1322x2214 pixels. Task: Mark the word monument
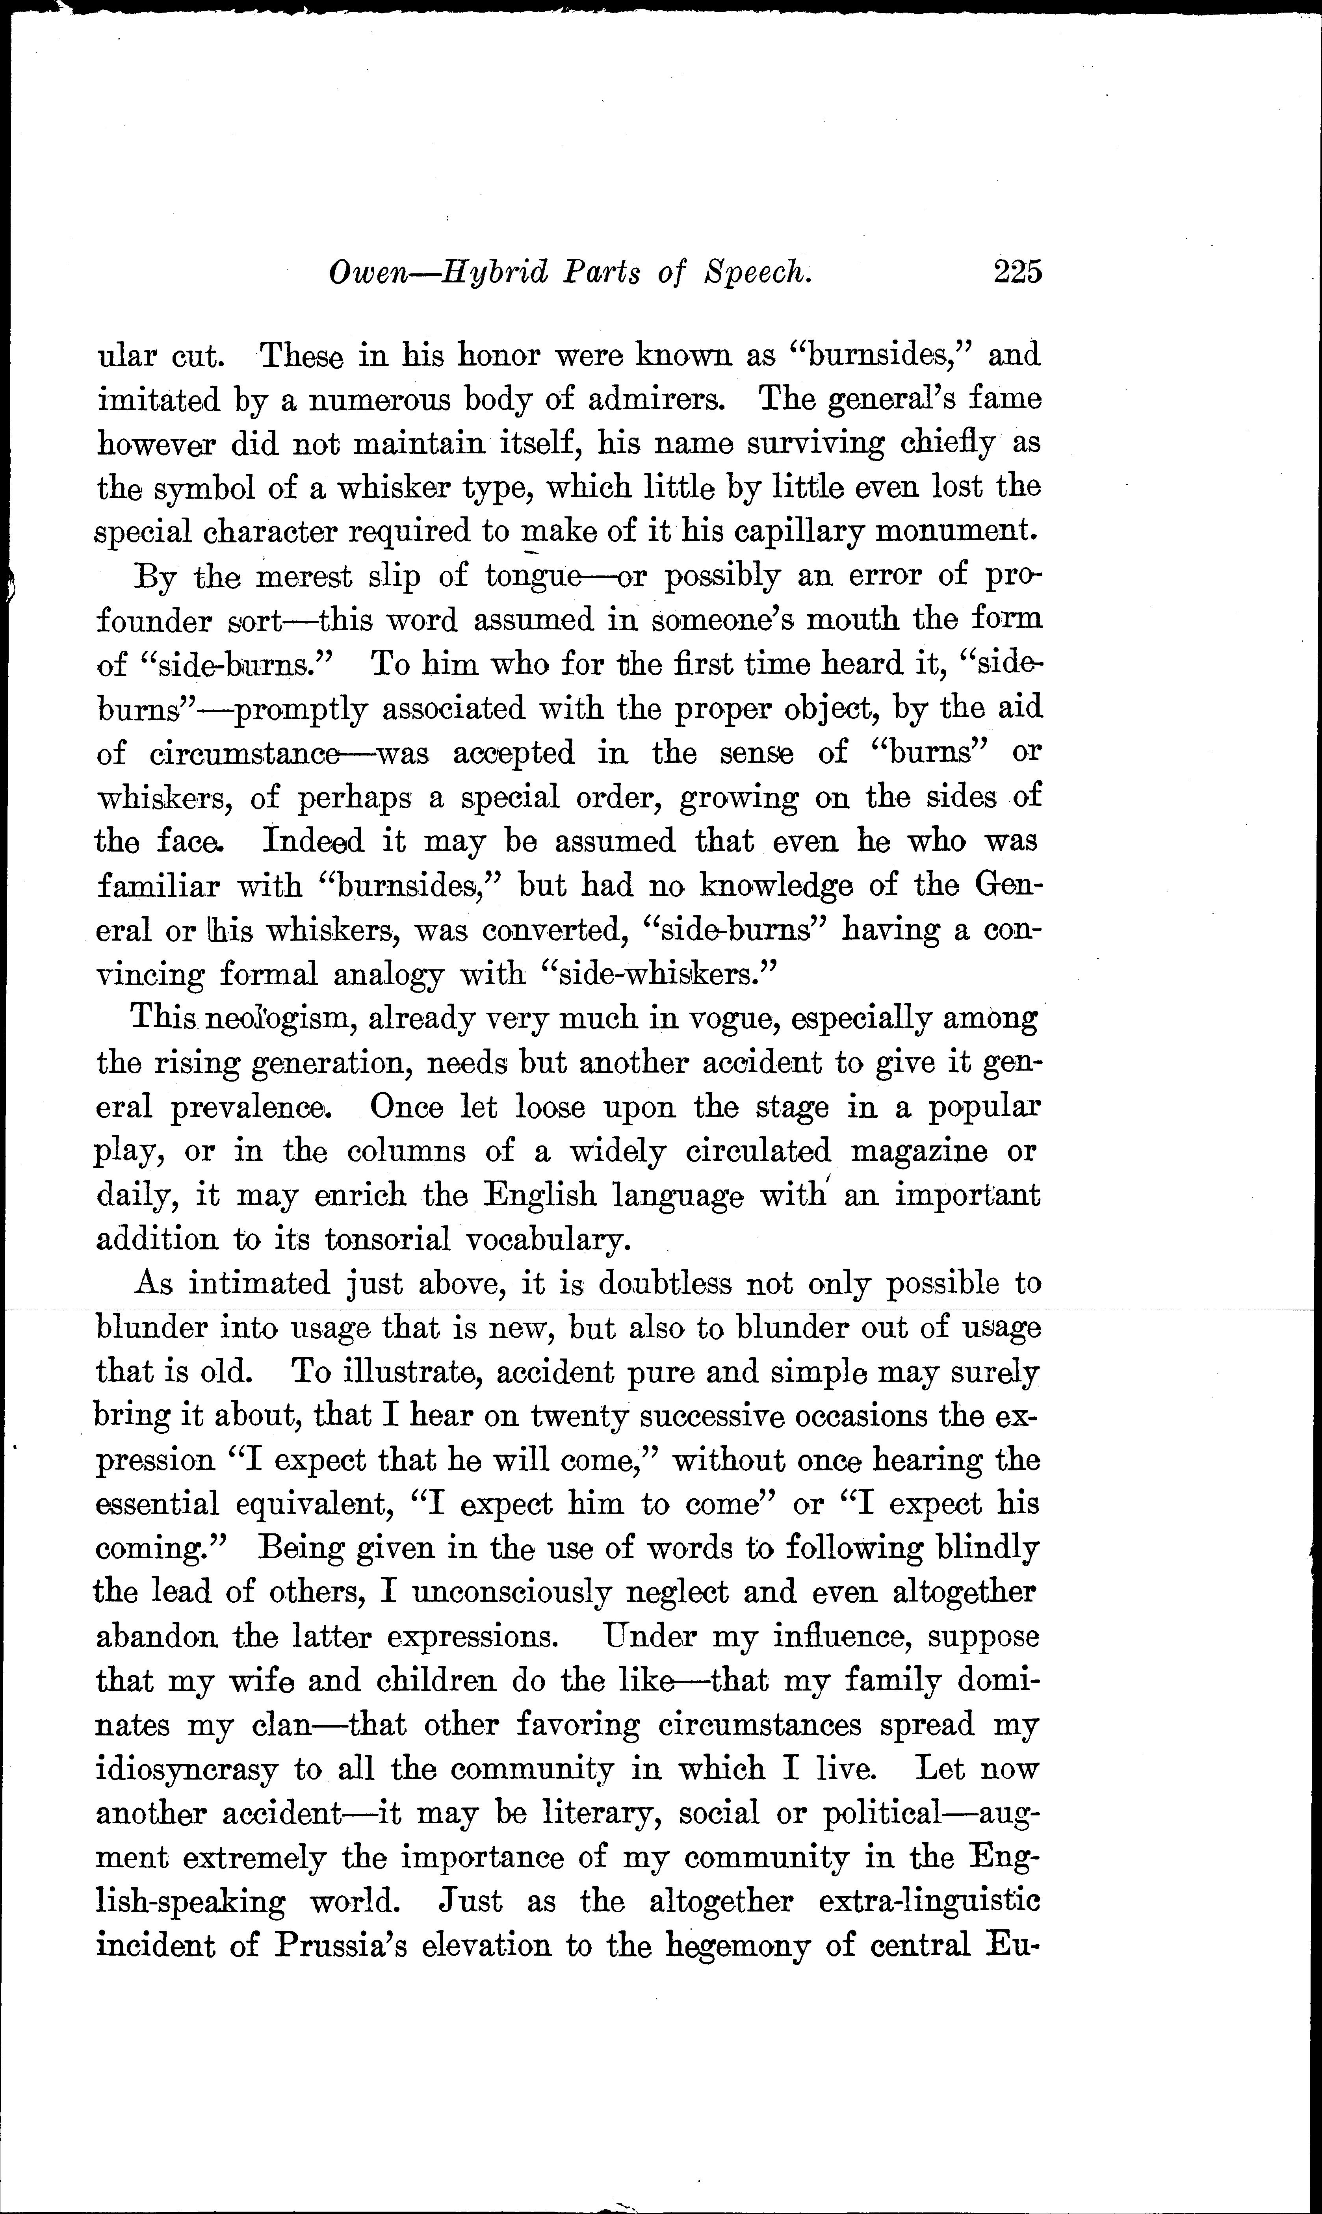point(958,532)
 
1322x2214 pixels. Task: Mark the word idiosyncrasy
point(187,1770)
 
